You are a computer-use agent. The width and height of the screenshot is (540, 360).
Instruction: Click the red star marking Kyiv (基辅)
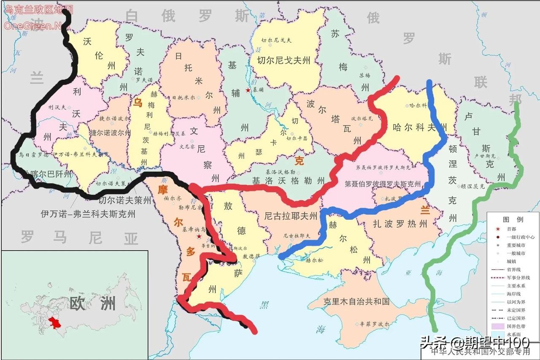[x=248, y=90]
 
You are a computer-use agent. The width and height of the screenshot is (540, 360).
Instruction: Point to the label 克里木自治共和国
[x=356, y=302]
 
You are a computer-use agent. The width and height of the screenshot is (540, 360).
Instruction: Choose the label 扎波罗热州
[x=400, y=223]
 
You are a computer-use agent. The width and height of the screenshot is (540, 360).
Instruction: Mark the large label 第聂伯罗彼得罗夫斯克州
[x=382, y=184]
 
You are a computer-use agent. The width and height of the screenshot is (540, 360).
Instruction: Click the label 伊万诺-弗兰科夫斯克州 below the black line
[x=88, y=214]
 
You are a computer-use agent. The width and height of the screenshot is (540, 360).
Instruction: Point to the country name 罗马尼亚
[x=80, y=238]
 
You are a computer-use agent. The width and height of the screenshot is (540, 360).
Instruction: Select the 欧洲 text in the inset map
[x=93, y=303]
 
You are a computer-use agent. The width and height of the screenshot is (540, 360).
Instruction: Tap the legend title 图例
[x=513, y=219]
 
